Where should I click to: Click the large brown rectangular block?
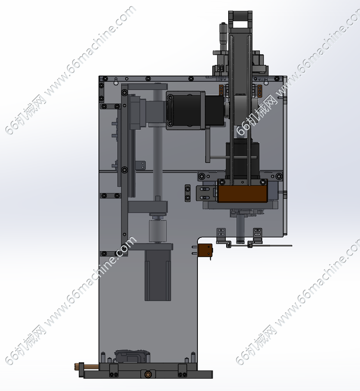point(242,194)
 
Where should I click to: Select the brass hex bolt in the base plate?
point(148,374)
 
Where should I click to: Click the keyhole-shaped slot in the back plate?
point(116,81)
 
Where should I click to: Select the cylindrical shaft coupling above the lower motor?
point(158,231)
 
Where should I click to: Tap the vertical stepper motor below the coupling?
point(158,275)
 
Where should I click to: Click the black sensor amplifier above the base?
point(132,356)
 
